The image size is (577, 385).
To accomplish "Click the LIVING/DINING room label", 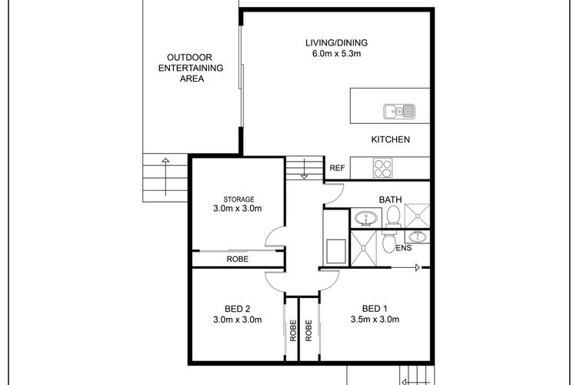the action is point(336,43).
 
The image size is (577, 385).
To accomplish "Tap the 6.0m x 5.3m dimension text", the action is point(336,53).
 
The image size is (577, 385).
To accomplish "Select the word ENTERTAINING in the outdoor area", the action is point(191,69).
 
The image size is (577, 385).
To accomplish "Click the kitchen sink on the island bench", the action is point(399,111).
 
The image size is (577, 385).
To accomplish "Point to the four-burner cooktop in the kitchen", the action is point(382,168).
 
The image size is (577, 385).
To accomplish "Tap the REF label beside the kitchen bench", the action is point(337,169).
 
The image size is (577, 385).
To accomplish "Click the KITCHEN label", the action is point(390,139).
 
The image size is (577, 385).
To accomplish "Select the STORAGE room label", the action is point(238,199).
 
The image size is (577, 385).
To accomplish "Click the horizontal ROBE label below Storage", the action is point(238,259).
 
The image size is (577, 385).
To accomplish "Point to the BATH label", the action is point(390,200).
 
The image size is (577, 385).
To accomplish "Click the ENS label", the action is point(404,248).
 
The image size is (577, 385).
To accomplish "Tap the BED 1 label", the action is point(375,309).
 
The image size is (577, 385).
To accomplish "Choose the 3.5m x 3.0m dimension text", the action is point(375,320).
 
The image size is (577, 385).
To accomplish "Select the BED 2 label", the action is point(238,309).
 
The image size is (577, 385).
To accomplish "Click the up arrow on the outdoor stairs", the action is point(165,177).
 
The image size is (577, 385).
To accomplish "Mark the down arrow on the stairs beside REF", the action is point(305,169).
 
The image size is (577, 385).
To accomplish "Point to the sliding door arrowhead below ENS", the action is point(418,267).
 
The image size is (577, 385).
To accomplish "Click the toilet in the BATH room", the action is point(393,217).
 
